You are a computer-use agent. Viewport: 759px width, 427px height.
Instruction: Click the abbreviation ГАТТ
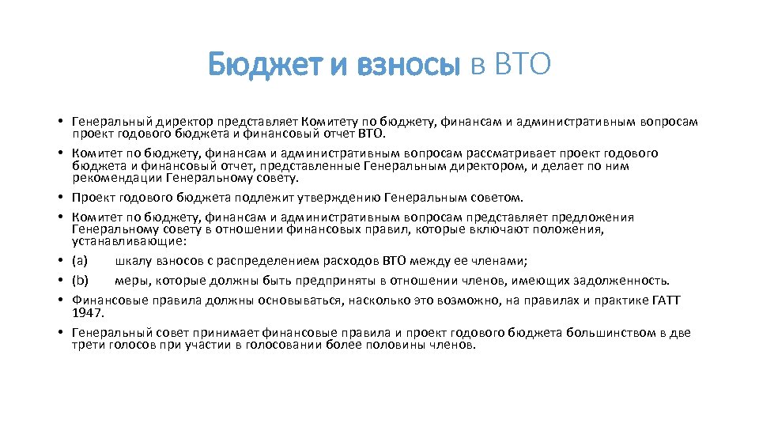(666, 300)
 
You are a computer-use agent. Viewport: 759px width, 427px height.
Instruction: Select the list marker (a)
(80, 259)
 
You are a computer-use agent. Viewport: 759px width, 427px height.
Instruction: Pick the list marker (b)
(81, 280)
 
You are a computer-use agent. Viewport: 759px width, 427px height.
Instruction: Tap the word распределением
(244, 259)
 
